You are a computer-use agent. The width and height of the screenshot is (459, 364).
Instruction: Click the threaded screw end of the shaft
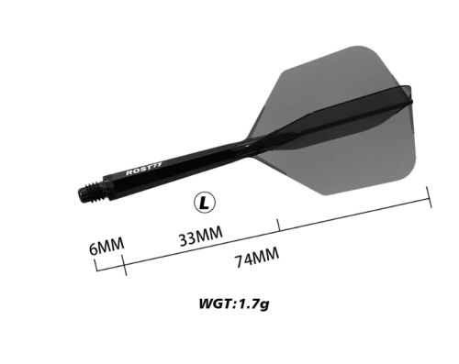tap(89, 193)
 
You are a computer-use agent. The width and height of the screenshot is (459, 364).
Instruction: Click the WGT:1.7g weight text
tap(235, 303)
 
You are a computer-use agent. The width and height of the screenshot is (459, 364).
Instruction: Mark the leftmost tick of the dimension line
tap(95, 268)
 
